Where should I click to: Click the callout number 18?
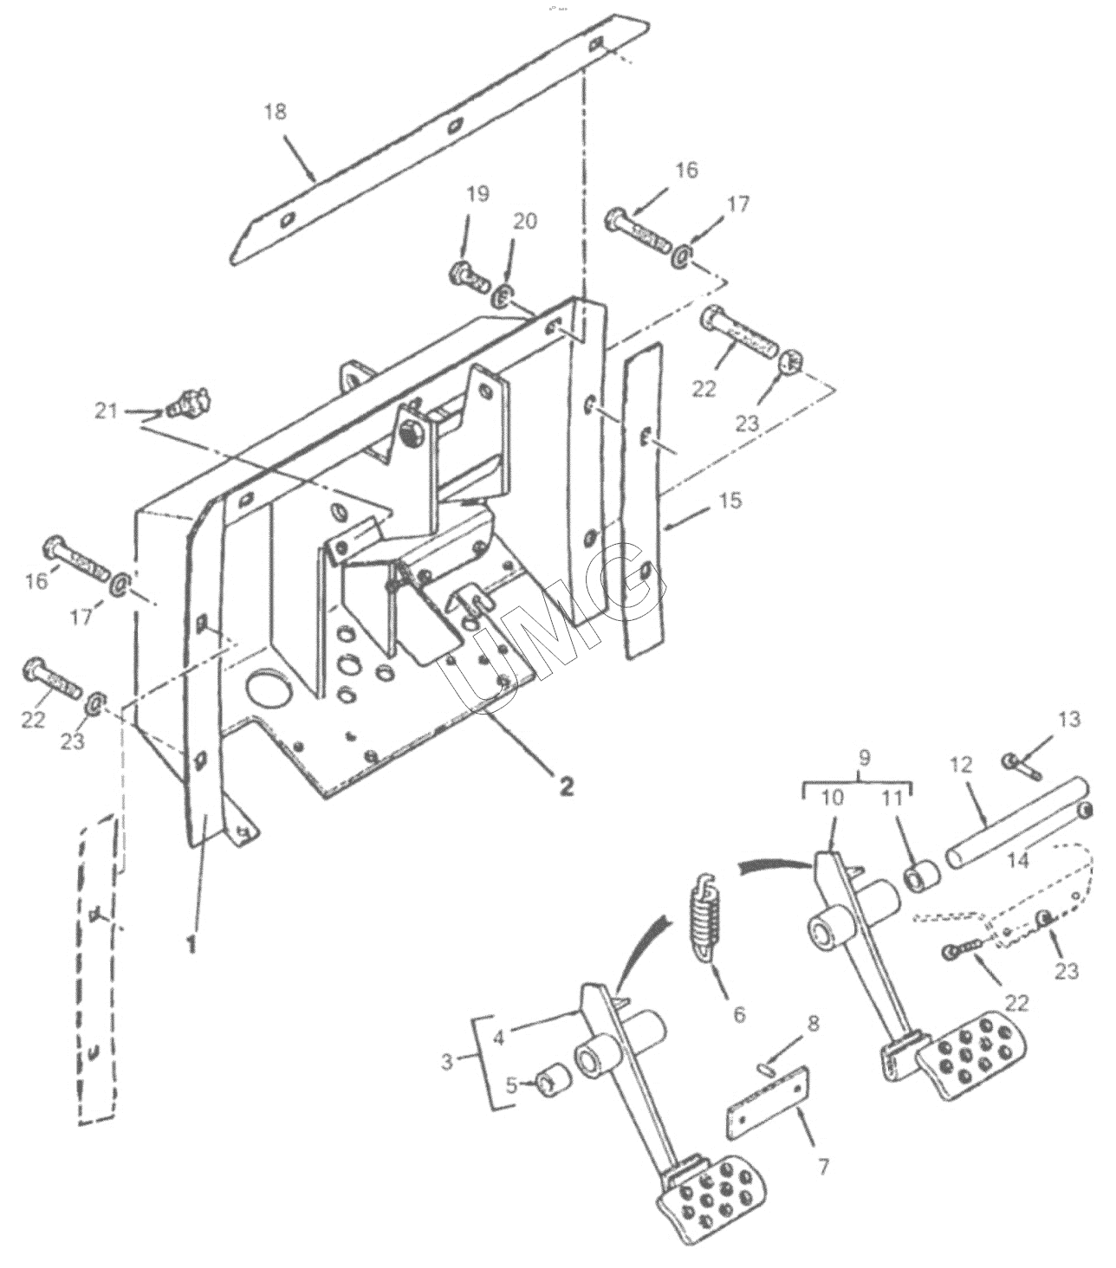[x=275, y=112]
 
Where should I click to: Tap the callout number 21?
[x=106, y=411]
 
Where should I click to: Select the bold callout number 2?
[x=566, y=786]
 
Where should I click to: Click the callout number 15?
[x=730, y=500]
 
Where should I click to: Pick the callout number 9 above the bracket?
[x=864, y=758]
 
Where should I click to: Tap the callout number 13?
[x=1069, y=720]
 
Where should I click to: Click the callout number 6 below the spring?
[x=740, y=1014]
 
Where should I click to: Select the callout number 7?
[x=823, y=1167]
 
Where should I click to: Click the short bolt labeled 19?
[x=469, y=276]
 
